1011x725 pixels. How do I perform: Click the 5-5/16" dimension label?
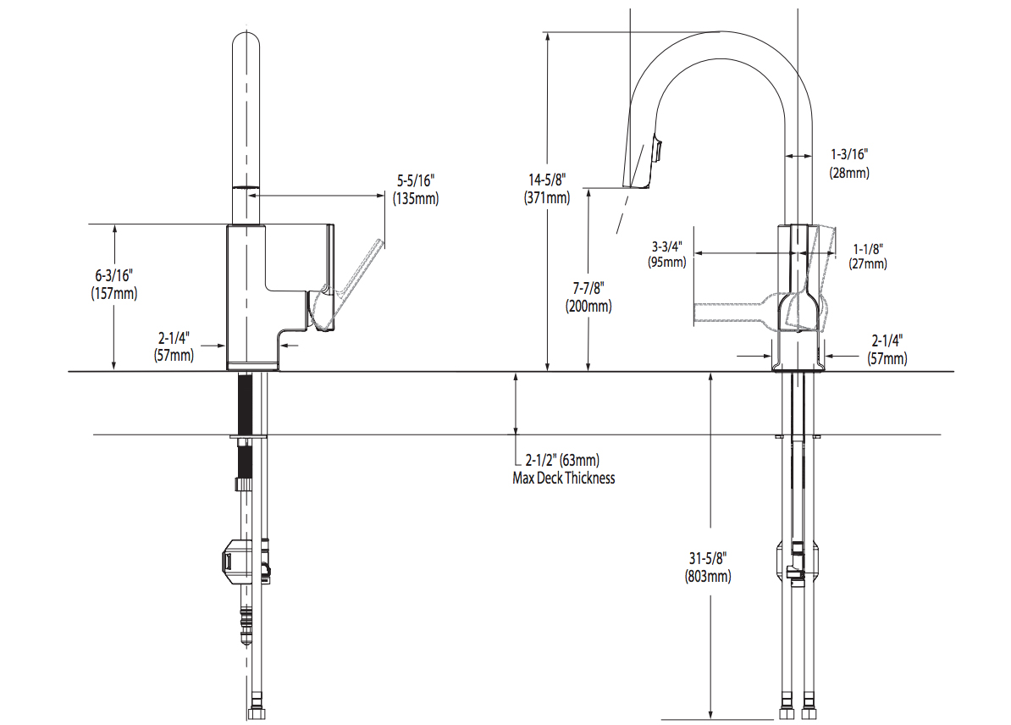[415, 181]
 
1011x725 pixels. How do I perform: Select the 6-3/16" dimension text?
[113, 276]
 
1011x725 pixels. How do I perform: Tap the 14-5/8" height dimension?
[546, 180]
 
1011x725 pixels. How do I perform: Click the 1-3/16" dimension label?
[849, 154]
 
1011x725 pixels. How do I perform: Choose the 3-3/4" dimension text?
[666, 246]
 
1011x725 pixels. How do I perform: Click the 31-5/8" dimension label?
[707, 559]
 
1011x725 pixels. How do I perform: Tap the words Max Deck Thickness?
[564, 478]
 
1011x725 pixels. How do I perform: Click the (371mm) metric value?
[546, 197]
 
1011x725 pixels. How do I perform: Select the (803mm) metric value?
[708, 577]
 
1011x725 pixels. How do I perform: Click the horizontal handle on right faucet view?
[732, 312]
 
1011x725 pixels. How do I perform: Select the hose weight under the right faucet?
[797, 563]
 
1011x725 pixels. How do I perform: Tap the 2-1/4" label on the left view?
[173, 346]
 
